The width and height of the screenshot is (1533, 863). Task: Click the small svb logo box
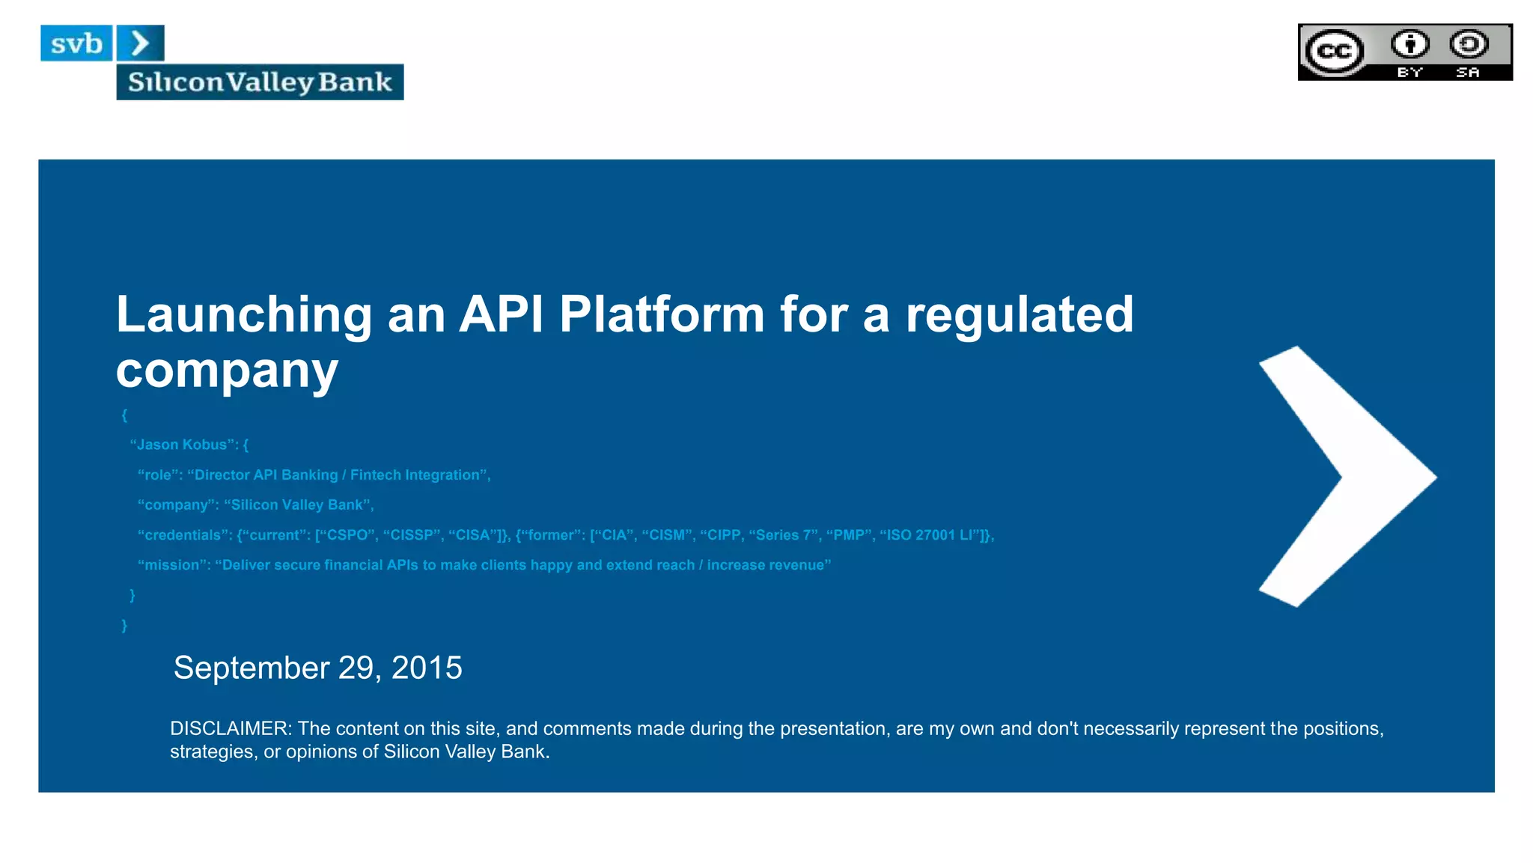click(76, 43)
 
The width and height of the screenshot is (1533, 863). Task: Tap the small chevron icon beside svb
click(140, 43)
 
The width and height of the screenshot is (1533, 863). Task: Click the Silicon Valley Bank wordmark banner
click(260, 82)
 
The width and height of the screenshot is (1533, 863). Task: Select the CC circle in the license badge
click(1334, 51)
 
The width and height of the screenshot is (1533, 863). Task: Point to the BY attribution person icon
click(1410, 45)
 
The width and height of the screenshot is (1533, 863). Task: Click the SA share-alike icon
click(1469, 45)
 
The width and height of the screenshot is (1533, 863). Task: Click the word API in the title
click(501, 314)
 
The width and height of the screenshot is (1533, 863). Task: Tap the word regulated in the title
click(1020, 314)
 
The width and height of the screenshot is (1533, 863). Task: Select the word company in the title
click(227, 370)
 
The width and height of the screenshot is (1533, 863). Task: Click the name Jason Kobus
click(182, 445)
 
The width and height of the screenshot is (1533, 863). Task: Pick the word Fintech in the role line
click(376, 475)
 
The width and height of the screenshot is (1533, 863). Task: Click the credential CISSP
click(411, 534)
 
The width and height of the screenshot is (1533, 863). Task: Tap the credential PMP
click(849, 534)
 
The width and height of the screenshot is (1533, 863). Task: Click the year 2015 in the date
click(427, 668)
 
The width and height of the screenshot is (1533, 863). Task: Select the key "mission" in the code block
click(173, 565)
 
